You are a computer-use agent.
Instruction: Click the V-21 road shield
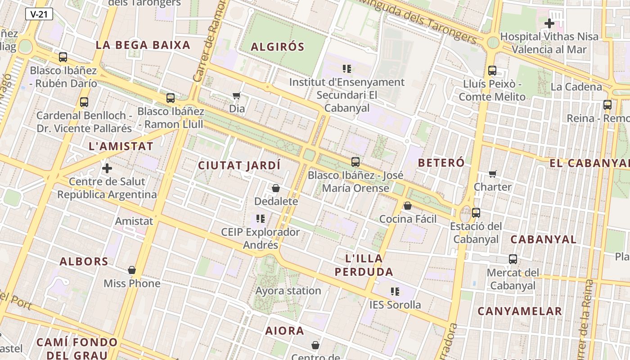click(x=39, y=14)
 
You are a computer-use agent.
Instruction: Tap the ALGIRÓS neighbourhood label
click(x=277, y=47)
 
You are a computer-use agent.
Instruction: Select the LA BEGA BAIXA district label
click(x=143, y=45)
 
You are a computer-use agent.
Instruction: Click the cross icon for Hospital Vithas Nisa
click(x=549, y=23)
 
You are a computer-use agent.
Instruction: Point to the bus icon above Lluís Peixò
click(x=492, y=71)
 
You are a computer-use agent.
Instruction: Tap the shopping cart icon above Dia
click(x=237, y=95)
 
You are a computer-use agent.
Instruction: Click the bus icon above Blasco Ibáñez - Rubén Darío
click(x=63, y=57)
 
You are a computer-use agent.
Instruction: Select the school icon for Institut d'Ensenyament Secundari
click(x=346, y=69)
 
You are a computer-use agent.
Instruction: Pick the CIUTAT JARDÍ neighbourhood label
click(x=239, y=166)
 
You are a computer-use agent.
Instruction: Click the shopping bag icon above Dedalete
click(x=276, y=188)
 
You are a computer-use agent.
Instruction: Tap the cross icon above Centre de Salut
click(x=107, y=169)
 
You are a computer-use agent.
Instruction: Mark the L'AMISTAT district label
click(x=121, y=146)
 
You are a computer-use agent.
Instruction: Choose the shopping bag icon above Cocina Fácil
click(x=408, y=206)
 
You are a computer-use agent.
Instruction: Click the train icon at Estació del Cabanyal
click(x=476, y=213)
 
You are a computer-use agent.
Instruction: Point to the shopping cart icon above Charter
click(x=493, y=174)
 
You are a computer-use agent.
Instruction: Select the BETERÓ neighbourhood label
click(x=441, y=163)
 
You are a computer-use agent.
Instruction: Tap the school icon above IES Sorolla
click(x=395, y=292)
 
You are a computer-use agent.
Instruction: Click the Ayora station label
click(x=288, y=291)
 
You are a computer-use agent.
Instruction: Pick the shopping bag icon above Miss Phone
click(x=132, y=270)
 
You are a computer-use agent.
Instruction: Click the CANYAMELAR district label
click(x=520, y=311)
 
